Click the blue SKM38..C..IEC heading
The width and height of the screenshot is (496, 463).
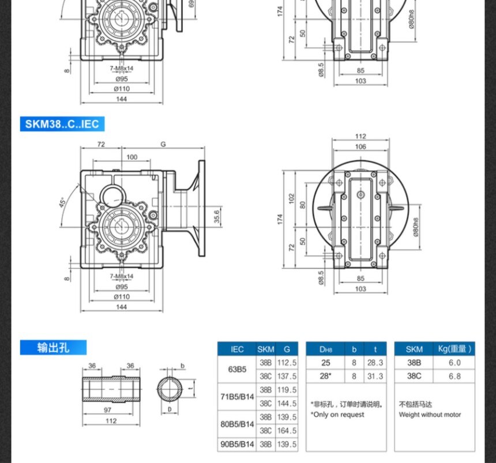pyautogui.click(x=62, y=124)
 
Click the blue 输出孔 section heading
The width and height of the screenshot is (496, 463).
pyautogui.click(x=53, y=347)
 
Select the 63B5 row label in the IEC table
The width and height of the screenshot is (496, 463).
pyautogui.click(x=237, y=370)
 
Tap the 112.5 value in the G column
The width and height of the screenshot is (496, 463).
pyautogui.click(x=287, y=363)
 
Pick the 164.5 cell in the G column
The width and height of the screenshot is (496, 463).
pyautogui.click(x=287, y=431)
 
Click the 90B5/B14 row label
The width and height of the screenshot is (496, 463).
pyautogui.click(x=237, y=445)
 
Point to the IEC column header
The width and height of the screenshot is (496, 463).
pyautogui.click(x=237, y=349)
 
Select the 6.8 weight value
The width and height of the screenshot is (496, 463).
pyautogui.click(x=454, y=376)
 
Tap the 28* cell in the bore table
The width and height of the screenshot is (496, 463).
pyautogui.click(x=326, y=376)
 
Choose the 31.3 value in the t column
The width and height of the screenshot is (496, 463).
pyautogui.click(x=375, y=376)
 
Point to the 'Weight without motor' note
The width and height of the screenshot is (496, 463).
pyautogui.click(x=430, y=415)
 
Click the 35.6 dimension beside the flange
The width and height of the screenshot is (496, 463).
pyautogui.click(x=217, y=216)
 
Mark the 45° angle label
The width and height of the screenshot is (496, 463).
pyautogui.click(x=62, y=202)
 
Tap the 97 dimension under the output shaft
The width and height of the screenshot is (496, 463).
pyautogui.click(x=108, y=410)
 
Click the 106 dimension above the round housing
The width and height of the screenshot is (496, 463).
pyautogui.click(x=360, y=146)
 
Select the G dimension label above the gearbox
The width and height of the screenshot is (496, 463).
pyautogui.click(x=163, y=144)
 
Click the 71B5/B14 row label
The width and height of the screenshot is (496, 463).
pyautogui.click(x=237, y=397)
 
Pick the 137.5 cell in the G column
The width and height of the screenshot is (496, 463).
pyautogui.click(x=287, y=376)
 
